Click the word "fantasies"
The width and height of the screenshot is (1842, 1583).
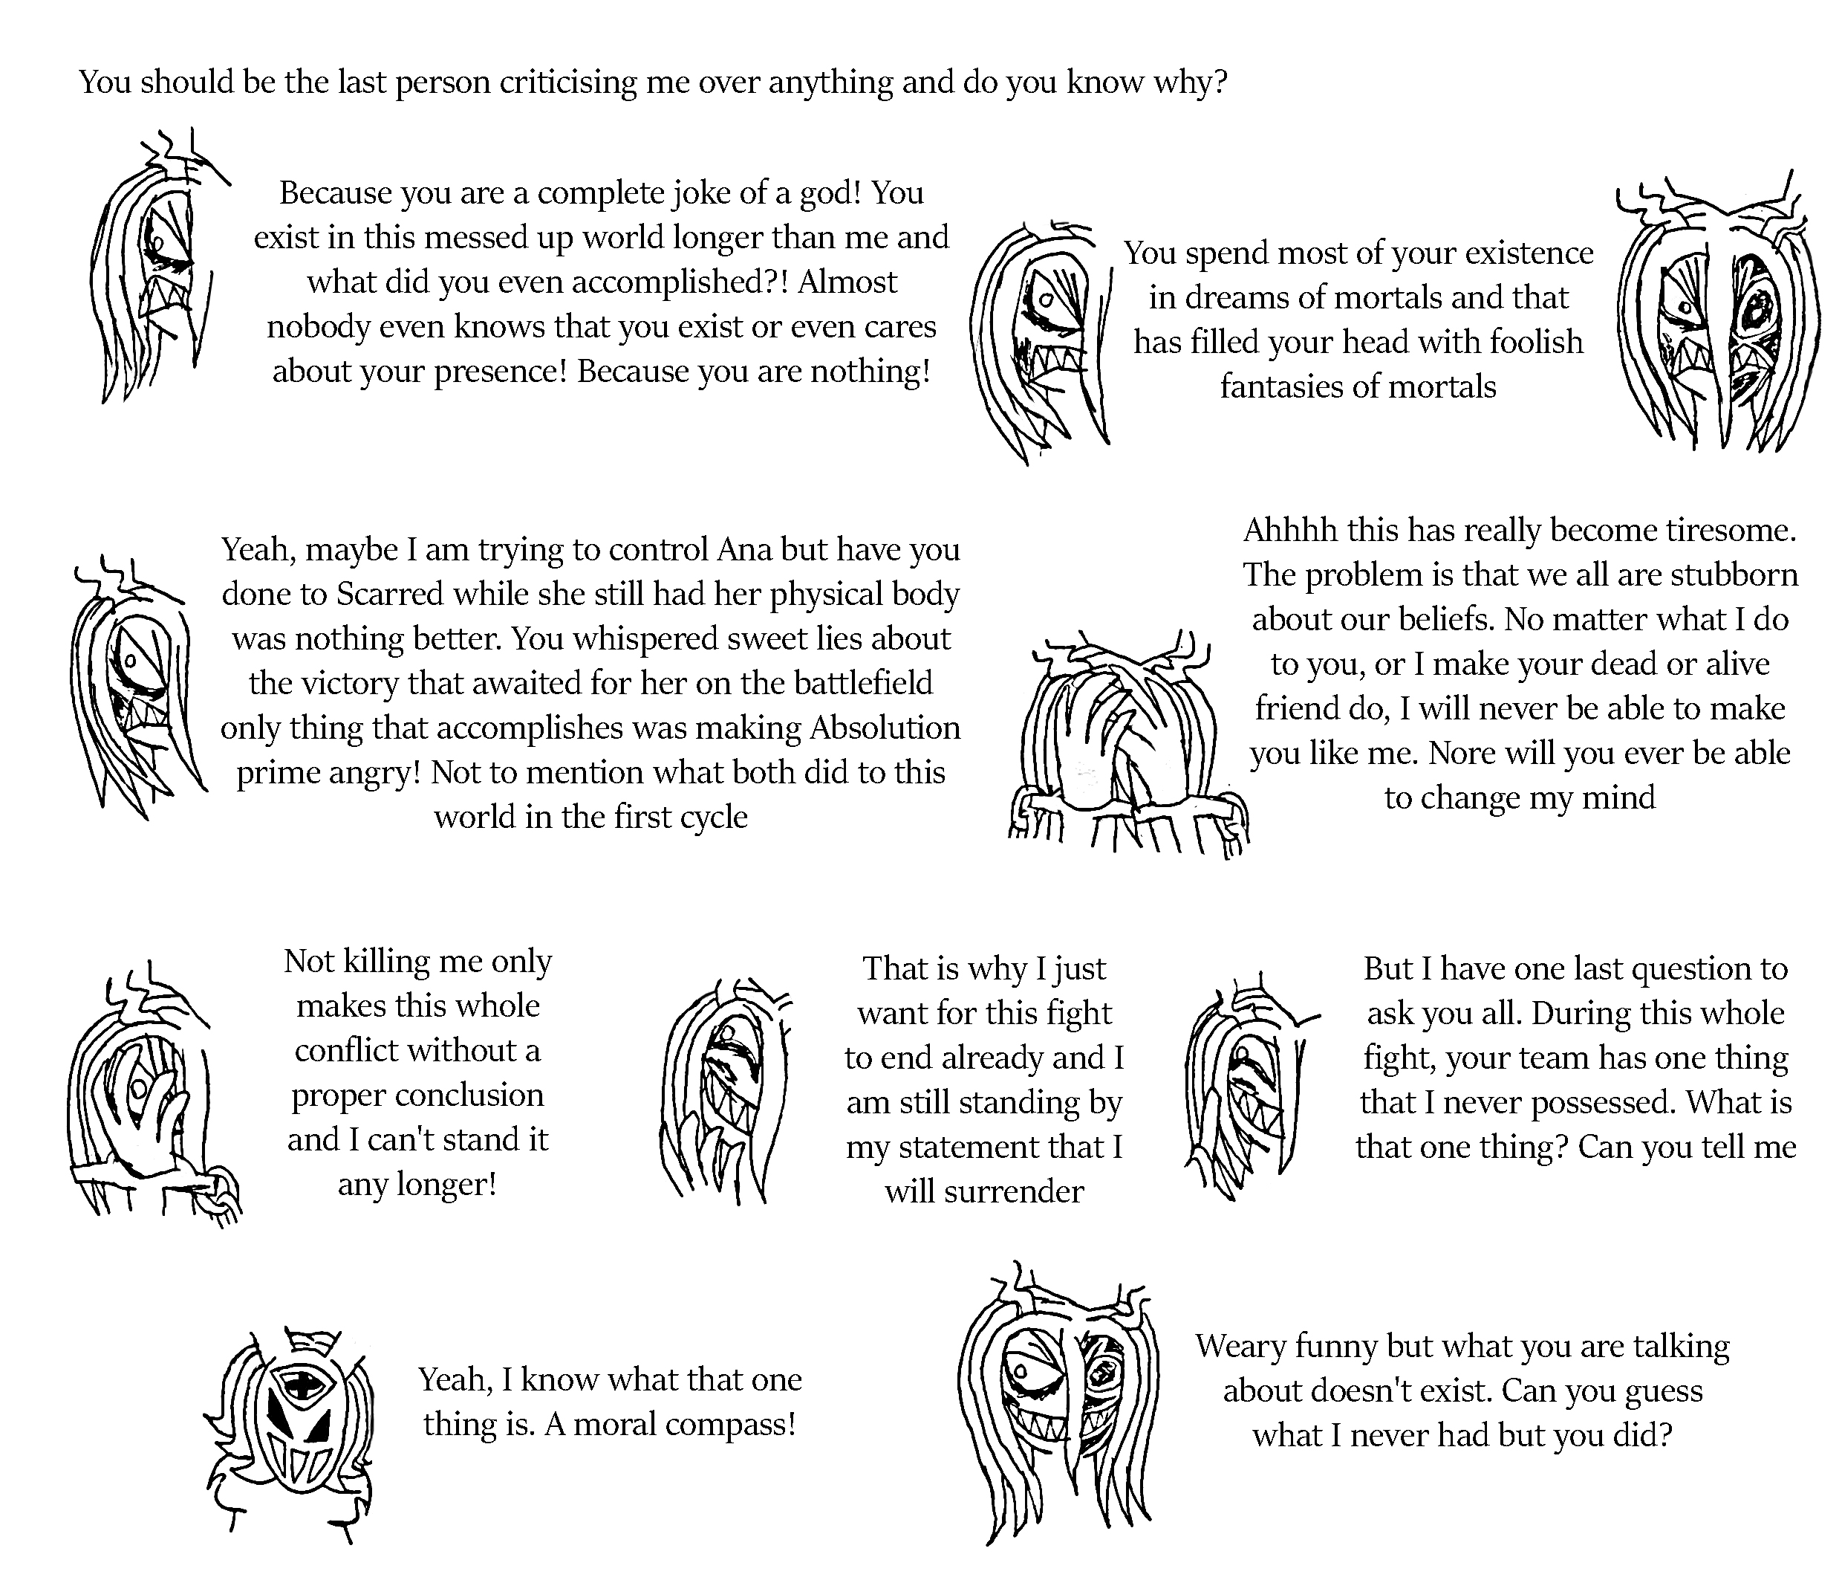coord(1285,387)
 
